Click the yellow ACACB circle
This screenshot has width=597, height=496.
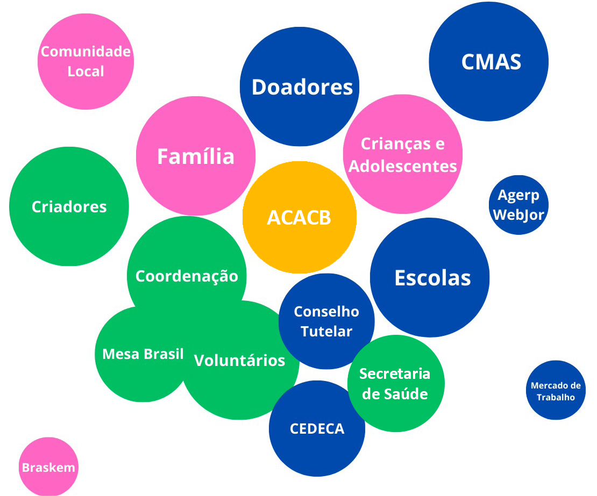299,217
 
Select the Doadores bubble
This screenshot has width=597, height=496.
300,87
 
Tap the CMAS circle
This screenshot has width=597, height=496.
488,61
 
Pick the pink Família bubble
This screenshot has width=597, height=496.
195,156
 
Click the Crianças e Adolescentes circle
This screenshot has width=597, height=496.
403,154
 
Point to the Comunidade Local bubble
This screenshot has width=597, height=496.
86,61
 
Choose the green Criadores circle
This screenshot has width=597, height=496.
69,206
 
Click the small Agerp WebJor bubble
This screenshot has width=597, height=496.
518,205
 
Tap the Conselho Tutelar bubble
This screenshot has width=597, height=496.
326,321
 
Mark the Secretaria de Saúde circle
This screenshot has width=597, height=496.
395,383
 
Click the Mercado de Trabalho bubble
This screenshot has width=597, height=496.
556,391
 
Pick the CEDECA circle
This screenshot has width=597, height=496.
317,428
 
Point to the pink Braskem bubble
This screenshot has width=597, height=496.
48,467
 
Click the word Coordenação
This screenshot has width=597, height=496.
187,276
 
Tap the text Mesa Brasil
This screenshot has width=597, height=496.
143,354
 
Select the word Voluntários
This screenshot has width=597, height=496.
239,360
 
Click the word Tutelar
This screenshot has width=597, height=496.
326,332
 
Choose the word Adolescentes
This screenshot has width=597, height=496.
403,166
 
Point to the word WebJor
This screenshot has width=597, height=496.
518,215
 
